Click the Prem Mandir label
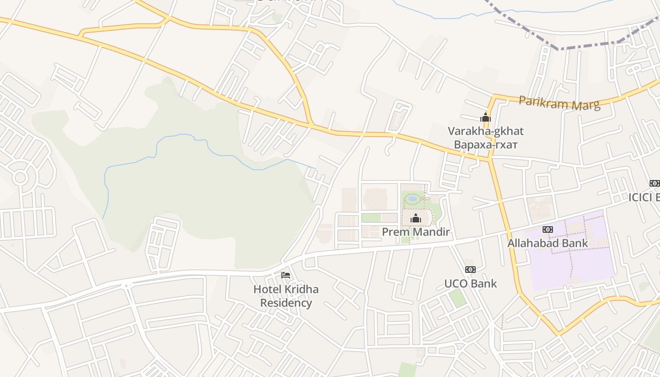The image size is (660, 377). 415,232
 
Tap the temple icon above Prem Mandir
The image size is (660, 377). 415,218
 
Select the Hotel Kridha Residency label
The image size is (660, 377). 286,295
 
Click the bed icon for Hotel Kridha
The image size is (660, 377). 285,275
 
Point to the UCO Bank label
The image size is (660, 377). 470,283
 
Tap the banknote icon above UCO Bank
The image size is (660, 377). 470,270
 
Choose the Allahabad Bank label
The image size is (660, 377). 547,243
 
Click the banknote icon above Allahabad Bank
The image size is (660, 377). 547,229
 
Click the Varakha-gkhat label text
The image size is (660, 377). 486,131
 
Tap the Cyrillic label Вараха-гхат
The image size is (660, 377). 486,144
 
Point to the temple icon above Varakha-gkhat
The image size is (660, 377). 486,117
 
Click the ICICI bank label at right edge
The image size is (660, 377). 644,197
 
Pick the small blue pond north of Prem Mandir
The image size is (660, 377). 413,198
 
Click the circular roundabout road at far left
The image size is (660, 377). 20,178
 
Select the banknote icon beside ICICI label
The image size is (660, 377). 654,183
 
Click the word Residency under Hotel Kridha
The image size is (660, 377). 286,303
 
